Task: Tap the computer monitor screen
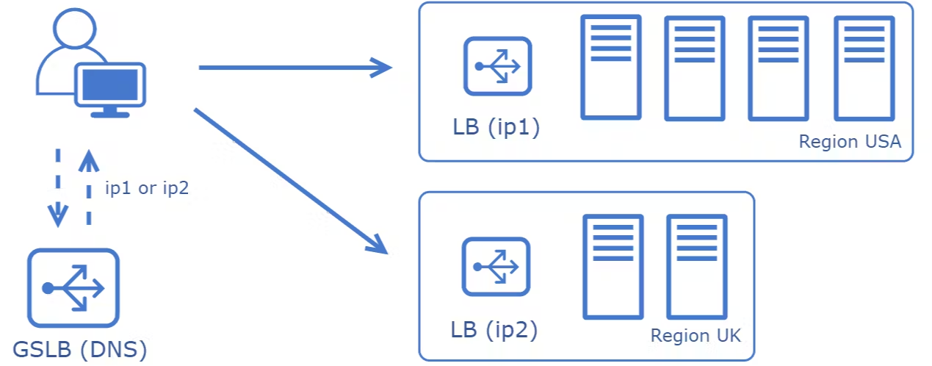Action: tap(110, 85)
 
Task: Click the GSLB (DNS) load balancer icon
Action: tap(73, 287)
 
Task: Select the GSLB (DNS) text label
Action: tap(80, 349)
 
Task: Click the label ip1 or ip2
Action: tap(147, 188)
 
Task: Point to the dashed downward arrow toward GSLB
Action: tap(58, 188)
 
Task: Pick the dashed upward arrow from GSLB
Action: tap(89, 188)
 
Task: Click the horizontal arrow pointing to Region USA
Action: tap(295, 68)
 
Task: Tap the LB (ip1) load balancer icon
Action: tap(498, 66)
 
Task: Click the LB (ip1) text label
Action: tap(496, 127)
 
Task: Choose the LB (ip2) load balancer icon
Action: tap(496, 267)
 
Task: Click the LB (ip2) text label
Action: tap(494, 330)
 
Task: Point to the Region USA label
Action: tap(850, 142)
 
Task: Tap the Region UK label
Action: tap(696, 335)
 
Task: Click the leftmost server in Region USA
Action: tap(611, 67)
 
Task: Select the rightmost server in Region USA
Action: tap(864, 68)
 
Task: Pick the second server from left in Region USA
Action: tap(695, 68)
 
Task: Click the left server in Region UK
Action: tap(613, 267)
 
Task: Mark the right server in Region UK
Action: tap(697, 267)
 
